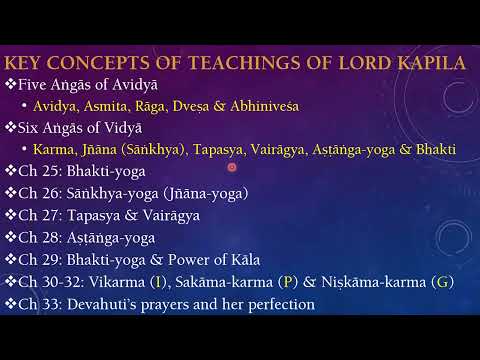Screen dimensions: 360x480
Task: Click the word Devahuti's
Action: click(111, 304)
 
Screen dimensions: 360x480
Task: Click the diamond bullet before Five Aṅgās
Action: click(11, 83)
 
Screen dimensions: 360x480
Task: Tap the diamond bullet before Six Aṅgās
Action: click(11, 127)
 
